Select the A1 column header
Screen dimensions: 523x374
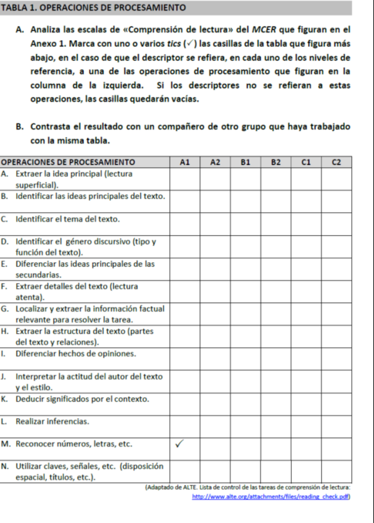tap(184, 162)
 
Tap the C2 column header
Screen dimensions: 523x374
tap(336, 162)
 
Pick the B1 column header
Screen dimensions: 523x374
tap(245, 162)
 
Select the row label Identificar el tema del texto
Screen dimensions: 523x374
tap(67, 219)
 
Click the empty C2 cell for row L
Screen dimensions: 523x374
tap(336, 422)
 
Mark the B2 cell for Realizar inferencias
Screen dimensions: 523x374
tap(275, 422)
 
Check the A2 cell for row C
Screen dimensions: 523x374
tap(215, 219)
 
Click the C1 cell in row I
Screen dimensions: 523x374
tap(305, 353)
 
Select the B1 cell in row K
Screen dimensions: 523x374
tap(245, 399)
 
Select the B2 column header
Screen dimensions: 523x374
tap(275, 162)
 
